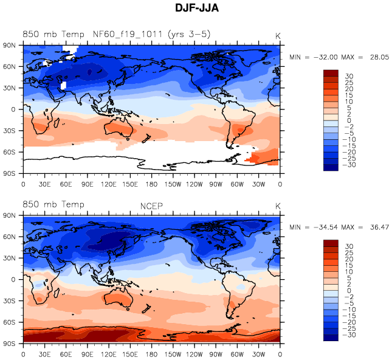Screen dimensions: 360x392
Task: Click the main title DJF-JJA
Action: coord(196,10)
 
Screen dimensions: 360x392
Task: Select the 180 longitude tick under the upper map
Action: coord(151,184)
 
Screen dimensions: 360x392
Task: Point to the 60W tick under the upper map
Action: coord(238,184)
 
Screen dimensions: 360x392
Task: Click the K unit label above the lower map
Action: coord(278,205)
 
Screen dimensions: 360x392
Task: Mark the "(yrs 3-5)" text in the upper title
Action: coord(189,34)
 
